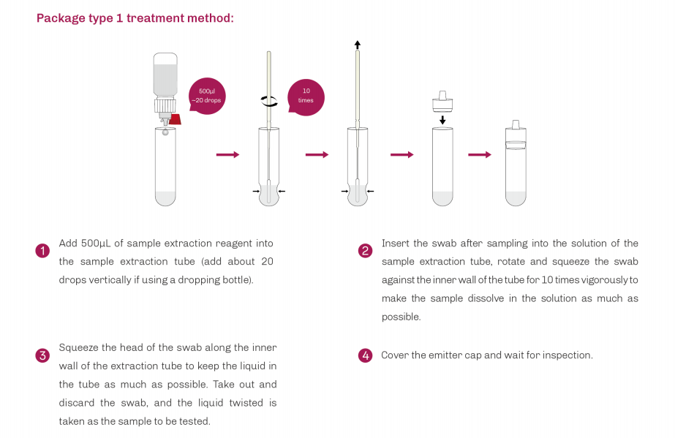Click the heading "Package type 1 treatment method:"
tap(135, 18)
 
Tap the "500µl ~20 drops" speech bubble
tap(208, 95)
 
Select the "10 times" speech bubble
tap(306, 96)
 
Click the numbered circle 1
tap(42, 251)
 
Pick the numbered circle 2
tap(365, 251)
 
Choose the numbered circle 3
tap(42, 356)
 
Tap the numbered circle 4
tap(365, 356)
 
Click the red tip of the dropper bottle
tap(174, 118)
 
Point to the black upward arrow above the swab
tap(357, 45)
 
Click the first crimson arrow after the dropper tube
tap(227, 154)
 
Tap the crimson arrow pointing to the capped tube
tap(479, 154)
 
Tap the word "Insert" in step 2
tap(395, 243)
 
